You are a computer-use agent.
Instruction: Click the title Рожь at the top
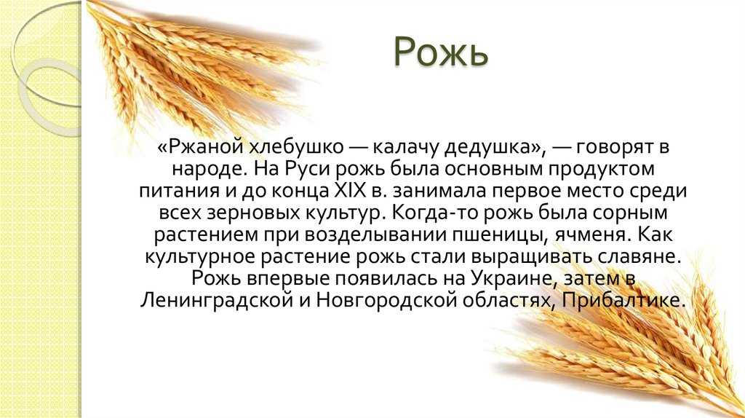440,52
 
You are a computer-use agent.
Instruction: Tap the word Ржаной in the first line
204,147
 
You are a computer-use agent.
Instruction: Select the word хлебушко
295,147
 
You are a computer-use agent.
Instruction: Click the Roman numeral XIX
351,192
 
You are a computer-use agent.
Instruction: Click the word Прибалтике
624,301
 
